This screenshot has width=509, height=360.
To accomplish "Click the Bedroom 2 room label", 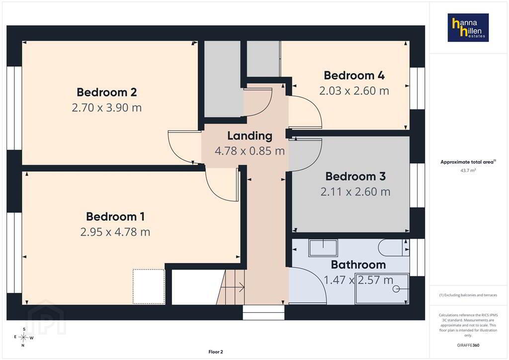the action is (106, 92).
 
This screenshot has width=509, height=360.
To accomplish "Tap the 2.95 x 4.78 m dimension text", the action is (115, 232).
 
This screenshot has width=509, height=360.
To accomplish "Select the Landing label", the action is (250, 136).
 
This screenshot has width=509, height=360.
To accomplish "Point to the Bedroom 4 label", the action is (354, 75).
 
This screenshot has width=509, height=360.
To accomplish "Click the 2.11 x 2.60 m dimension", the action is (355, 191).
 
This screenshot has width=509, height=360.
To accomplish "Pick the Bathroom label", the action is (358, 265).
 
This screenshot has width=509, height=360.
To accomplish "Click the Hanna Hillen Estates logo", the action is (468, 27).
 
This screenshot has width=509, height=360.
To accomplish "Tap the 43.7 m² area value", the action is (468, 170).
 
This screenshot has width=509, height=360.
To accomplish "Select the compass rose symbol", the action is (23, 337).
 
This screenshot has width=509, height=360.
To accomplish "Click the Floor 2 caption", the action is (216, 352).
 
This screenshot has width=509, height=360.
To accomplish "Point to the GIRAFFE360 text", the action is (468, 345).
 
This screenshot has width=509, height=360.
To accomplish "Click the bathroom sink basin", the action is (323, 248).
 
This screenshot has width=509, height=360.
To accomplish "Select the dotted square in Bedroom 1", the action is (149, 286).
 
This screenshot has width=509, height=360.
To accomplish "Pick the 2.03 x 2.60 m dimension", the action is (354, 90).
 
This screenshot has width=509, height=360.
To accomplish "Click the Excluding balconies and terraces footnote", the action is (468, 295).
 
